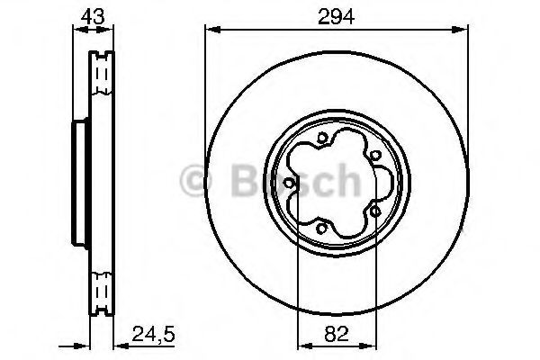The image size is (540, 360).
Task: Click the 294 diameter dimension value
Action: [x=336, y=16]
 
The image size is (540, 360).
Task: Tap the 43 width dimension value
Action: [x=93, y=16]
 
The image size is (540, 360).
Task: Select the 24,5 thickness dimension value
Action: [x=153, y=334]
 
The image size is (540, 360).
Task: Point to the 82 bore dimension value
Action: [x=337, y=334]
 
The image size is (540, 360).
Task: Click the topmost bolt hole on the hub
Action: [x=321, y=139]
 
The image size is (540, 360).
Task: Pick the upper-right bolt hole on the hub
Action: [x=375, y=156]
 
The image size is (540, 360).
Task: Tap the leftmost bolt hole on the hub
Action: [x=289, y=183]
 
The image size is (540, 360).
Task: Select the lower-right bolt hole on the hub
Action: [x=375, y=211]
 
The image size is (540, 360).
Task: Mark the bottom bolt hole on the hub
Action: [x=321, y=228]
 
